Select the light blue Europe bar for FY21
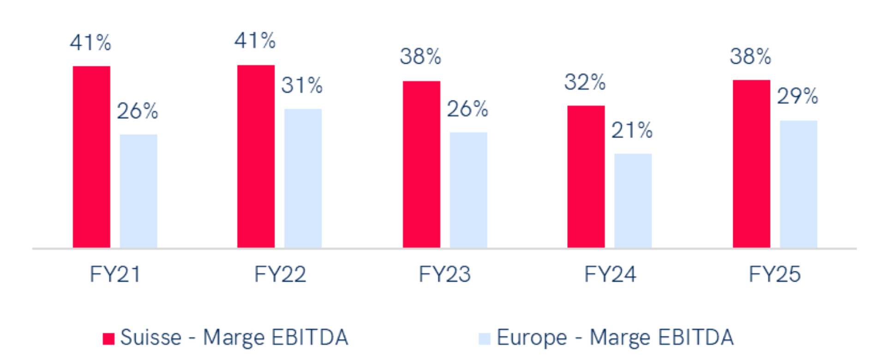[x=138, y=190]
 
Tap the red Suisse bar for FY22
[x=256, y=156]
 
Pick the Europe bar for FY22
[x=303, y=178]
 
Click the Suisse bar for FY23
[x=421, y=164]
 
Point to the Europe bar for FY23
[x=468, y=189]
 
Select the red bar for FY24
[x=586, y=176]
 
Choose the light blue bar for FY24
[x=633, y=200]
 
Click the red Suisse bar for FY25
[x=751, y=163]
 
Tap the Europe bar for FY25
[x=798, y=183]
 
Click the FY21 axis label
[x=115, y=275]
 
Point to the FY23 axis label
[x=444, y=275]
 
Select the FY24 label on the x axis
[x=610, y=275]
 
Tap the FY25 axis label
[x=774, y=275]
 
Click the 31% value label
[x=302, y=85]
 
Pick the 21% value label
[x=632, y=131]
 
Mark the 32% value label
[x=585, y=83]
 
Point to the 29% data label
[x=797, y=96]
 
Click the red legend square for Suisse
[x=108, y=338]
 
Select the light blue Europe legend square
[x=485, y=338]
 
